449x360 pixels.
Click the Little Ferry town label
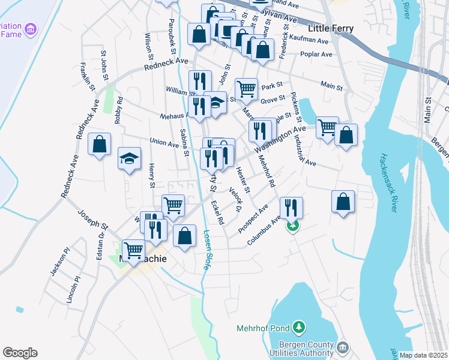coord(330,28)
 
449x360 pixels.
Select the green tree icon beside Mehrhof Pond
coord(298,328)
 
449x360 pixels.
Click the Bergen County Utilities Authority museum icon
coord(343,347)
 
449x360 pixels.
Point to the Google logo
coord(20,353)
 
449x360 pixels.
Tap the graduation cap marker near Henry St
coord(129,159)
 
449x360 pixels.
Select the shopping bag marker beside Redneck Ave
coord(100,145)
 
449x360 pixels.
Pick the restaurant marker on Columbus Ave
coord(291,208)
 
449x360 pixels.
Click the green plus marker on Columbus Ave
coord(293,226)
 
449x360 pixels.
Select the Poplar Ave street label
coord(318,55)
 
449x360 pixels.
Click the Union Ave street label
coord(164,143)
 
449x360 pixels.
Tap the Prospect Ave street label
coord(252,220)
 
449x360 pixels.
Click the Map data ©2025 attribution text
coord(424,355)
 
